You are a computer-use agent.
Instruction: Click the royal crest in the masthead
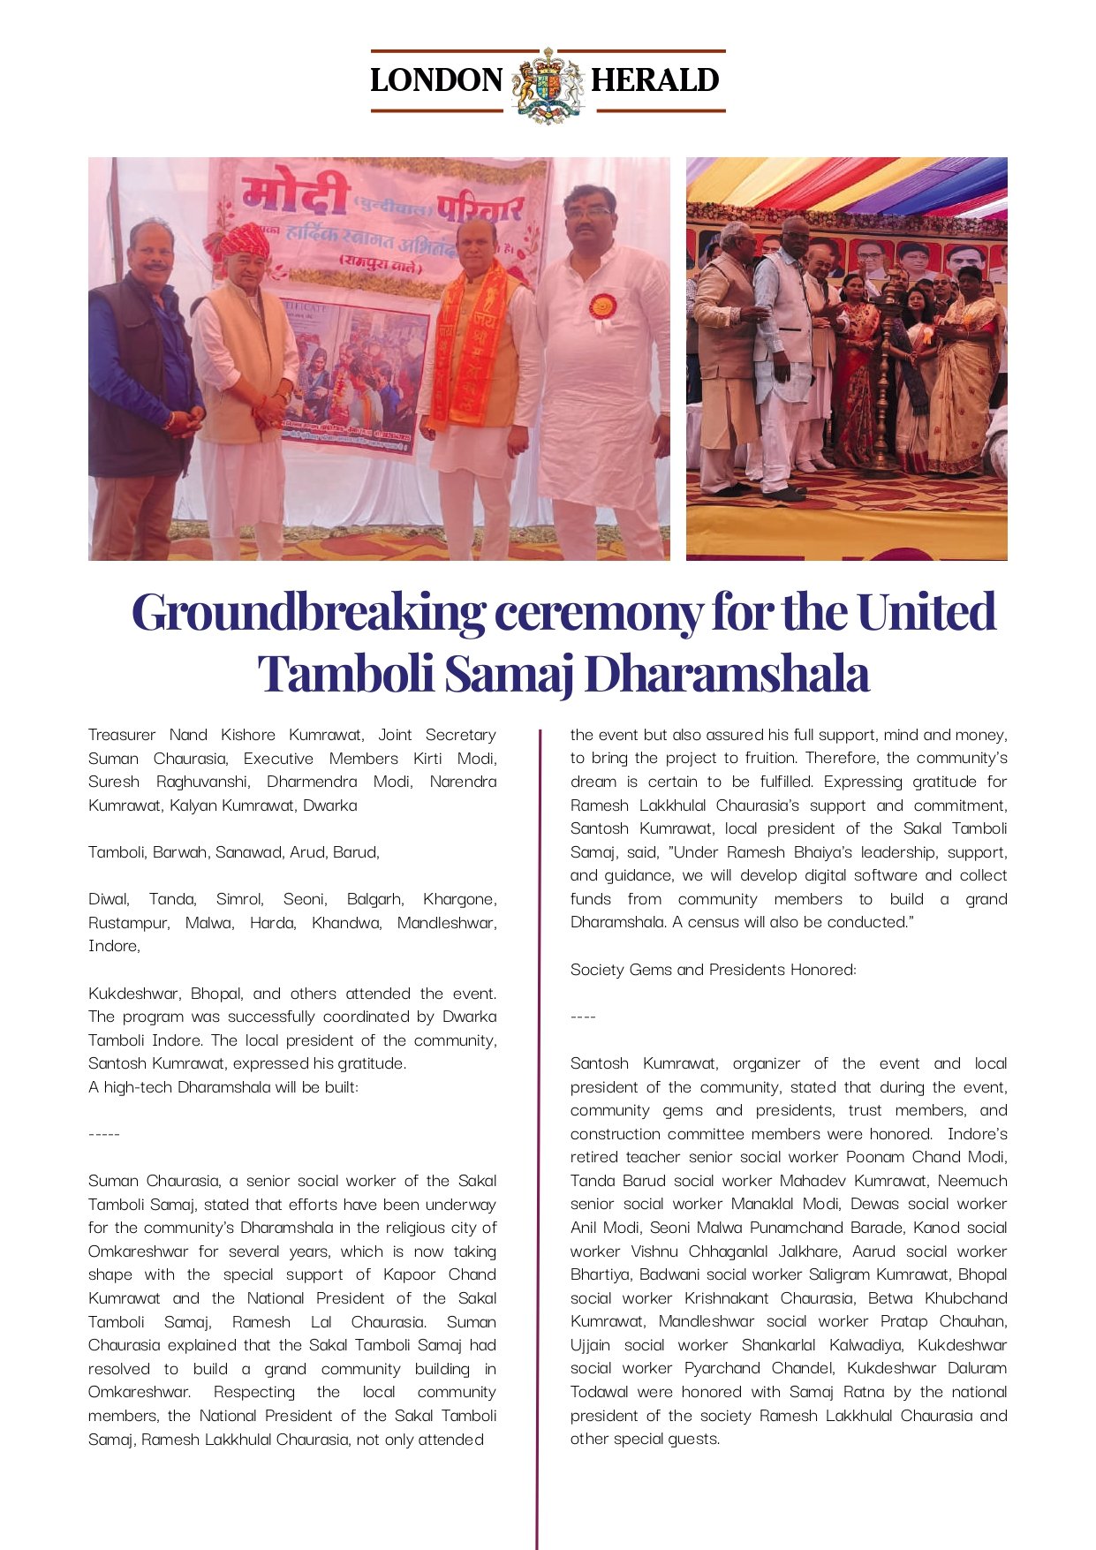point(548,85)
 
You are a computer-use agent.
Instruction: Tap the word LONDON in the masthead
point(436,80)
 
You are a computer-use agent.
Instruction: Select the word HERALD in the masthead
point(654,80)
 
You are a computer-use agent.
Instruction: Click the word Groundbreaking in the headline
point(308,612)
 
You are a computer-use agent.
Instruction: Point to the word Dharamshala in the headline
point(726,674)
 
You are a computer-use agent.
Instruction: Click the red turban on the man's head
point(243,241)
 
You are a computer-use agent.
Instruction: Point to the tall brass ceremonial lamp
point(884,380)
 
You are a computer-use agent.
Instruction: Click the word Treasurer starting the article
point(122,735)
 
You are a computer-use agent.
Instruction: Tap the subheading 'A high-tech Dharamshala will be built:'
point(223,1087)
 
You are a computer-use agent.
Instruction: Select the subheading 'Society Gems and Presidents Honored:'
point(713,970)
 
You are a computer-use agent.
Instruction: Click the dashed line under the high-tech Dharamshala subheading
point(104,1134)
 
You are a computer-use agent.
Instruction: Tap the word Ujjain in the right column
point(590,1345)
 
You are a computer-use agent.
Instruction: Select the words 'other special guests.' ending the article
point(645,1439)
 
